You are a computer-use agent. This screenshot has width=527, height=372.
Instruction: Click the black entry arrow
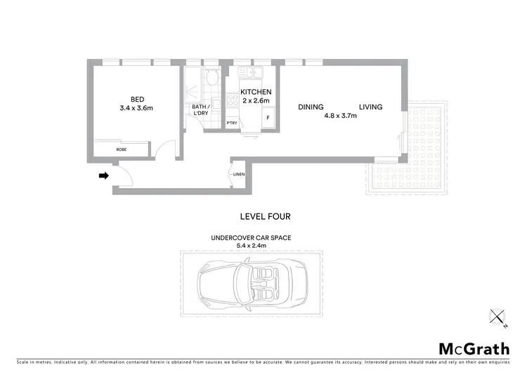pos(103,176)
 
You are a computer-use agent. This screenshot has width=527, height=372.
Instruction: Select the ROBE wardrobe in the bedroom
pos(122,150)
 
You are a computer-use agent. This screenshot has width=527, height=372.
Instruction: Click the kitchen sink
pos(249,73)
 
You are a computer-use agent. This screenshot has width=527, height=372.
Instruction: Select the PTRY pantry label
pos(231,124)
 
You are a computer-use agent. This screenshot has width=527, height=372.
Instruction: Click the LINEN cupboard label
pos(238,174)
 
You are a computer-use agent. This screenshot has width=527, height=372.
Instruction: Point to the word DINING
pos(311,107)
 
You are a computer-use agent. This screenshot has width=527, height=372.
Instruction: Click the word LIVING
pos(370,107)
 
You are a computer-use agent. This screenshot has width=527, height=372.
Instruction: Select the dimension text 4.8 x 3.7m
pos(340,117)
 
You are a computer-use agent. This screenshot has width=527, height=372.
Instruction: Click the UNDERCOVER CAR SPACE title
pos(251,238)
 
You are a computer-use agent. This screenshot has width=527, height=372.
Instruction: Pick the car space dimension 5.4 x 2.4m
pos(251,246)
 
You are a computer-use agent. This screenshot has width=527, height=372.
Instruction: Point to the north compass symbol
pos(498,318)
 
